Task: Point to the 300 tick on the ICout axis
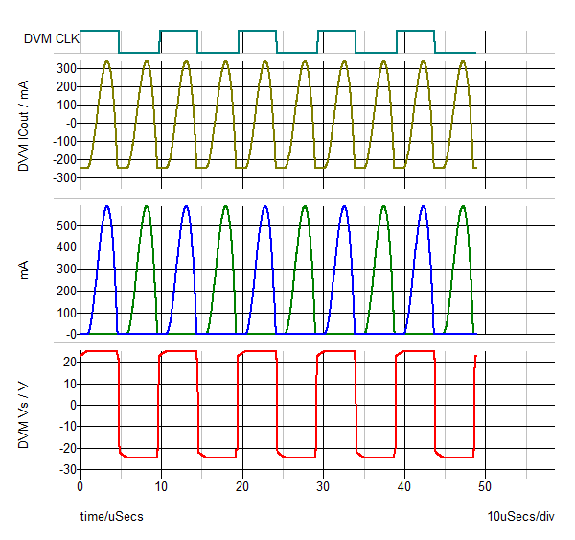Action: point(64,69)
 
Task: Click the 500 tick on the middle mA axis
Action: point(64,225)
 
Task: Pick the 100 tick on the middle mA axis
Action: point(64,313)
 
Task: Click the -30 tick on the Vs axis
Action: point(66,470)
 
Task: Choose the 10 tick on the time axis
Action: point(161,487)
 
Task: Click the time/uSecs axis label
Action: point(111,517)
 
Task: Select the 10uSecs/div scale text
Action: point(520,517)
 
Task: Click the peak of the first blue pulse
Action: point(106,206)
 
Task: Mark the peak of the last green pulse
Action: point(463,206)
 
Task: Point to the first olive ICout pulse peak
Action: point(106,61)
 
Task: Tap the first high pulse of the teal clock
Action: point(100,31)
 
